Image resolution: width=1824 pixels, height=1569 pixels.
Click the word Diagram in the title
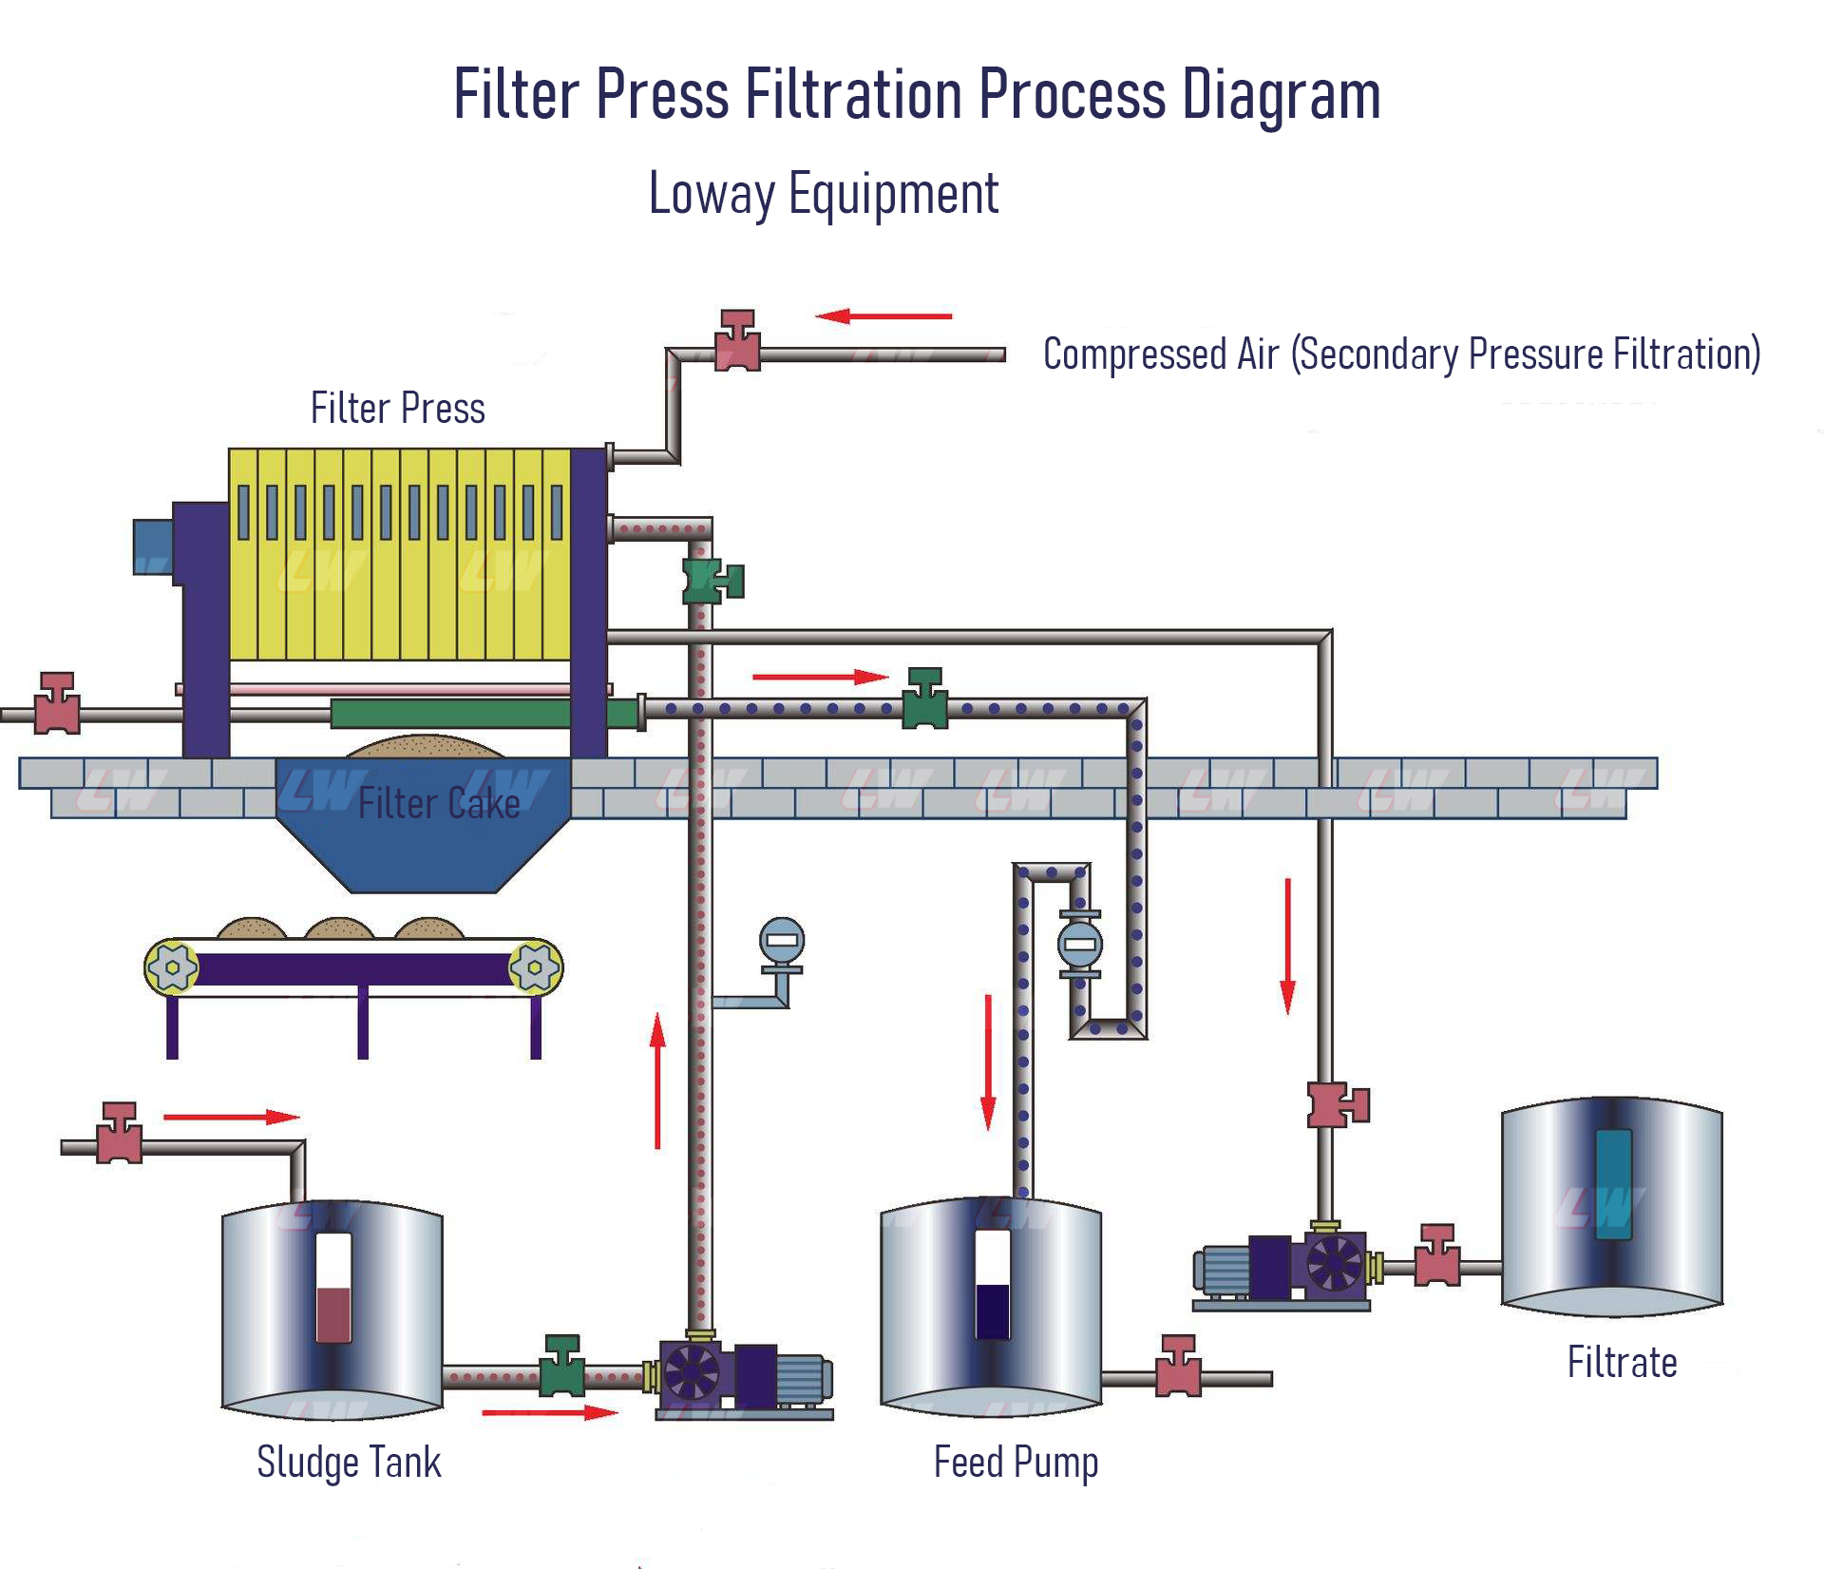click(1281, 95)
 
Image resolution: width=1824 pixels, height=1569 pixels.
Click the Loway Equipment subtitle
click(823, 194)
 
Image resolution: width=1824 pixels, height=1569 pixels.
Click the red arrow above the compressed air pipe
click(883, 316)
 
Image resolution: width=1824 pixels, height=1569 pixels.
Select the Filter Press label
click(397, 409)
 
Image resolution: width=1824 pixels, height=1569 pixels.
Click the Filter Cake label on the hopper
click(439, 804)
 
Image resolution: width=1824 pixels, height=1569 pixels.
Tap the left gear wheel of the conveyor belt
click(172, 967)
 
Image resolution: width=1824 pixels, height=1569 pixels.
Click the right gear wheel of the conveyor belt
click(535, 967)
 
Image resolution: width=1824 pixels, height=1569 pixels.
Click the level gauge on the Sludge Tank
click(332, 1289)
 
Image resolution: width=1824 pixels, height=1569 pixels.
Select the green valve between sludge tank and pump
click(561, 1368)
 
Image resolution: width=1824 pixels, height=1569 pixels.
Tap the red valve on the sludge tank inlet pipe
click(120, 1135)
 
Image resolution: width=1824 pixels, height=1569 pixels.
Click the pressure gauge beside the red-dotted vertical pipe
click(782, 943)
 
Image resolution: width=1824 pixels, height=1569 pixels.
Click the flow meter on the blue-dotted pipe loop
click(1080, 945)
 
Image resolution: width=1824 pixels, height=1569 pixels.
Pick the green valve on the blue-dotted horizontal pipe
click(924, 700)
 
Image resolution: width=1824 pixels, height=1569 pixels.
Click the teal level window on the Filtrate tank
click(1613, 1184)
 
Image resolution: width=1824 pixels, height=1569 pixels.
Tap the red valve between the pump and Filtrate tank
click(1436, 1257)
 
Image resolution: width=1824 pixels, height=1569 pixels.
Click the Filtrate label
click(1622, 1363)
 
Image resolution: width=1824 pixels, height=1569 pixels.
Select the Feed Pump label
click(1016, 1462)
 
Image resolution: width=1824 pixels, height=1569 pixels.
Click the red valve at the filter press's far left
click(57, 704)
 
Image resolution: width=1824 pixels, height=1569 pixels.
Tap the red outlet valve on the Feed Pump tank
click(1178, 1368)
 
